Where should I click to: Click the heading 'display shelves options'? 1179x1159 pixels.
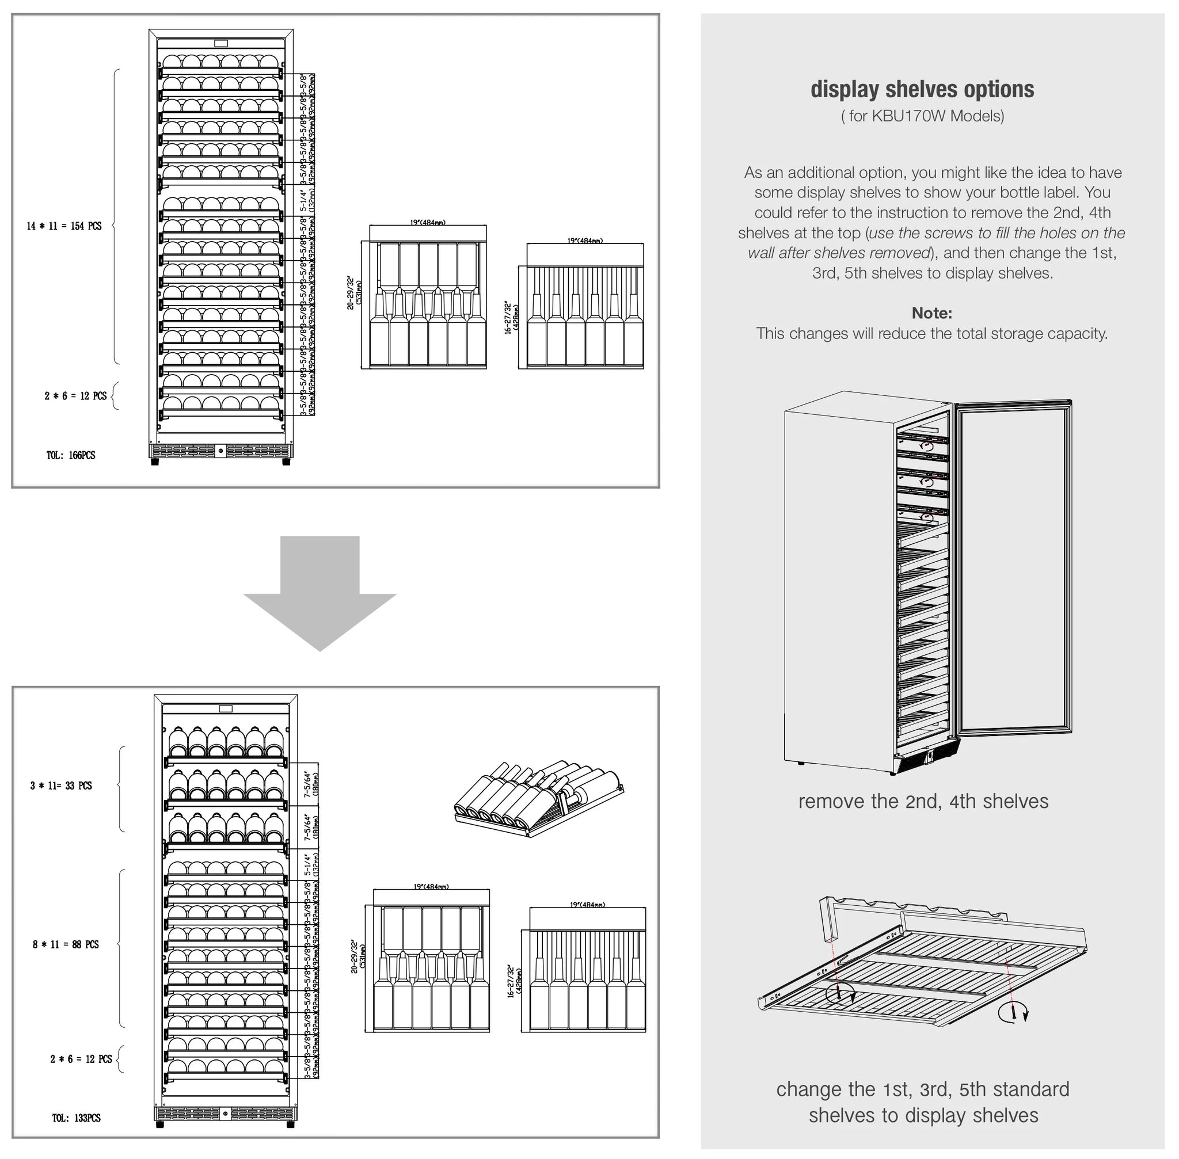pos(922,89)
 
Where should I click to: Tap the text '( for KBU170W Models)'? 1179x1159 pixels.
pos(922,116)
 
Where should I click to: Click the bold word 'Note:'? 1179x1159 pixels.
pos(931,313)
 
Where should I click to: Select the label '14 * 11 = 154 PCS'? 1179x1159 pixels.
pos(64,226)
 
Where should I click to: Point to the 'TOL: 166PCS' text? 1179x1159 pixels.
pos(71,455)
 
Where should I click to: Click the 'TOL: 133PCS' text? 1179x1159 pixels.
pos(76,1118)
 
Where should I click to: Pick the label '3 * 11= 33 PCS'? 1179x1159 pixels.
pos(61,786)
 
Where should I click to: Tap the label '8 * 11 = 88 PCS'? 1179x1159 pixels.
pos(66,944)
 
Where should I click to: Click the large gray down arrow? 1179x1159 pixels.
pos(320,590)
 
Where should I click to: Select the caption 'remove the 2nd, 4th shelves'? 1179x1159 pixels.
pos(923,801)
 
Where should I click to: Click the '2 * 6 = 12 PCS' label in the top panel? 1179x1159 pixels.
pos(75,396)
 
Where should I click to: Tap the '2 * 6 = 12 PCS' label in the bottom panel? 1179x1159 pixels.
pos(81,1059)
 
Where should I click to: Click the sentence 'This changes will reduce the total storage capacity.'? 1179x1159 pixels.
pos(931,334)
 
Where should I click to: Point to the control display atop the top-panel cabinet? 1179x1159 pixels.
pos(221,43)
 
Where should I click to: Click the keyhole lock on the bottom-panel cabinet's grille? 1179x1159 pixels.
pos(225,1114)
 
